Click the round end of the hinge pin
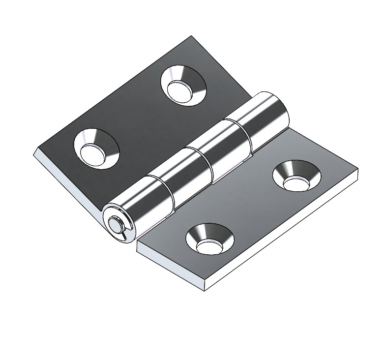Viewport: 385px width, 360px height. pyautogui.click(x=117, y=224)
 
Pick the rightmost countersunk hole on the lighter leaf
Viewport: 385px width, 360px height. pyautogui.click(x=296, y=176)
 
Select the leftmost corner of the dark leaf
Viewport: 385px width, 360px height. pyautogui.click(x=34, y=152)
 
